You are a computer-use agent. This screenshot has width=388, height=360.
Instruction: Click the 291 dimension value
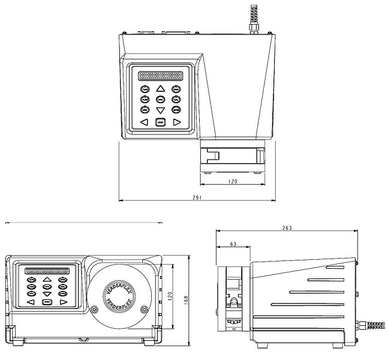tap(196, 197)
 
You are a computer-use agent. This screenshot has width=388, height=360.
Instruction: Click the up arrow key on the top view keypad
tap(160, 89)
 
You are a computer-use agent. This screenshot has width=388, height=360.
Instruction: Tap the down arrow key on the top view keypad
tap(160, 110)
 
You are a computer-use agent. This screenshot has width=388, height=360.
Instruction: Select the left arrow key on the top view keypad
tap(144, 122)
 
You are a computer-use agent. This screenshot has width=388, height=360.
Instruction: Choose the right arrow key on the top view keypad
tap(176, 122)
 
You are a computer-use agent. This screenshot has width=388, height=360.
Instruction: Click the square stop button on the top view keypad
tap(160, 122)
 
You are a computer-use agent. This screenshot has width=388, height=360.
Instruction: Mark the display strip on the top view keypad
tap(160, 76)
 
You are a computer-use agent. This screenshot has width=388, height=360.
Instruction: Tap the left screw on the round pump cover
tap(95, 309)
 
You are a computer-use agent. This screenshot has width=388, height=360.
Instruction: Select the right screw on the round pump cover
tap(144, 310)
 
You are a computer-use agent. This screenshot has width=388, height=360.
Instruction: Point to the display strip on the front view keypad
tap(47, 271)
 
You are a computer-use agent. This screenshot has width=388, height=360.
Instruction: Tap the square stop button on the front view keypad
tap(47, 302)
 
